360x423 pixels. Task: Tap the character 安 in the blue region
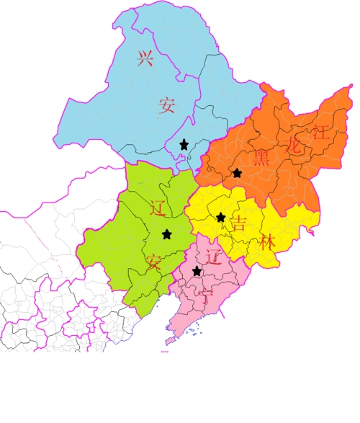(x=167, y=106)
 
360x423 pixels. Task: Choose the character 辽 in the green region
(x=159, y=209)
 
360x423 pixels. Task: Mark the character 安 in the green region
(x=153, y=262)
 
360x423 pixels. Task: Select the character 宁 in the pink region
(x=207, y=296)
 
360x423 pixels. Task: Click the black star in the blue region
(x=184, y=145)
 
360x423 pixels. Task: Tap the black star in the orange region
(x=237, y=173)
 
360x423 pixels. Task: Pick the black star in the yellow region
(x=220, y=217)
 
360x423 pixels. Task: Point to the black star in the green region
(x=167, y=233)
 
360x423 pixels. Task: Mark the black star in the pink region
(x=197, y=271)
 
